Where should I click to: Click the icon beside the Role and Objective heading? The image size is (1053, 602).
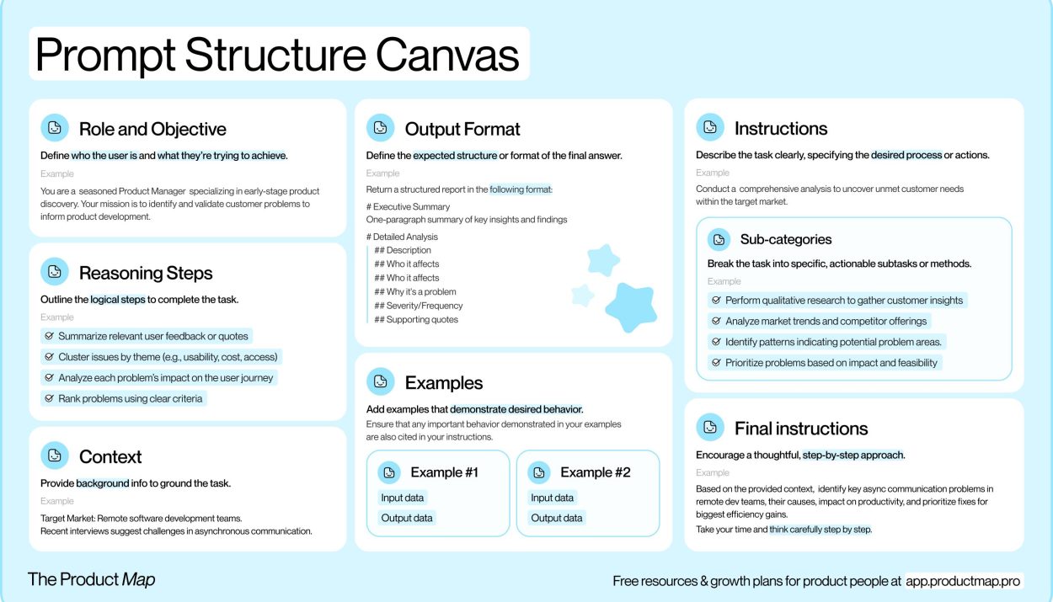click(x=55, y=127)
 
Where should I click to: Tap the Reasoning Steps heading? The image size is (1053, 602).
click(x=146, y=273)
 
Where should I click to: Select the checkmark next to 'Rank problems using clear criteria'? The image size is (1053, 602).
click(x=49, y=398)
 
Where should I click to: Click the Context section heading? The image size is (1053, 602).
click(x=110, y=457)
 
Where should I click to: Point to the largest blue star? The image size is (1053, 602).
click(x=631, y=307)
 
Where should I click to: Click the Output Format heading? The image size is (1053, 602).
click(x=462, y=129)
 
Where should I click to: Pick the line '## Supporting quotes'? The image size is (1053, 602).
click(x=416, y=320)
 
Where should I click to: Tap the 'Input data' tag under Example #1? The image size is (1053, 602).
click(x=402, y=498)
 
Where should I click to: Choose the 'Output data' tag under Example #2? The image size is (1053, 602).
click(x=557, y=518)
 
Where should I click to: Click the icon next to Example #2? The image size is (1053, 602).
click(x=539, y=472)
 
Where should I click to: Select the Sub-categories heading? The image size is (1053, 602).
click(x=785, y=239)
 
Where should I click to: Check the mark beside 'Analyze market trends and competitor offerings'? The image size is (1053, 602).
click(x=716, y=321)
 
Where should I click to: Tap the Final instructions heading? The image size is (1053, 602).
click(x=801, y=429)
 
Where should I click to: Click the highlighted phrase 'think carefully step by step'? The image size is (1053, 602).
click(x=820, y=529)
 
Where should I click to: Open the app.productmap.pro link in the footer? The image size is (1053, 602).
click(x=963, y=581)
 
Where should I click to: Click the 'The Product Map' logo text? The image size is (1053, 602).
click(x=91, y=579)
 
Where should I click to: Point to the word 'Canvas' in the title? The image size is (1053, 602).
click(x=447, y=55)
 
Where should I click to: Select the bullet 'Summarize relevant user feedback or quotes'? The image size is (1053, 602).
click(x=147, y=336)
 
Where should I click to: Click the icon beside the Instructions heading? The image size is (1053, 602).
click(x=710, y=127)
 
